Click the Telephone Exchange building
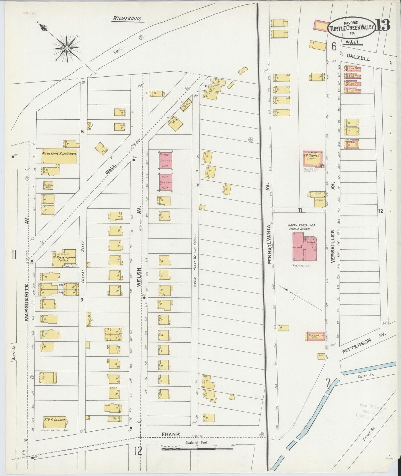[x=48, y=185]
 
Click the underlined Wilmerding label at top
[x=127, y=19]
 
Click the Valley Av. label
[x=365, y=375]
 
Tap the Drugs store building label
[x=318, y=193]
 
